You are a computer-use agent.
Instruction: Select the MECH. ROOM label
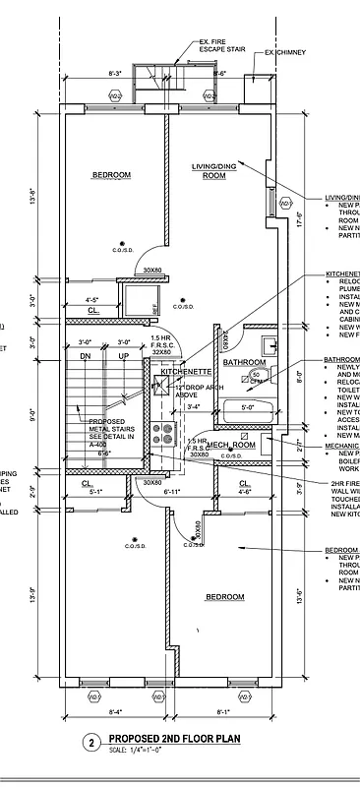click(231, 446)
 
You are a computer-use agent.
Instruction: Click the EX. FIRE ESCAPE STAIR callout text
click(221, 45)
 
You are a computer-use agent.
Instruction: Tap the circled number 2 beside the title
click(91, 744)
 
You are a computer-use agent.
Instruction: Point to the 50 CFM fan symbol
click(257, 376)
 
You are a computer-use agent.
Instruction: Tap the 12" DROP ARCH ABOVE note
click(198, 391)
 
